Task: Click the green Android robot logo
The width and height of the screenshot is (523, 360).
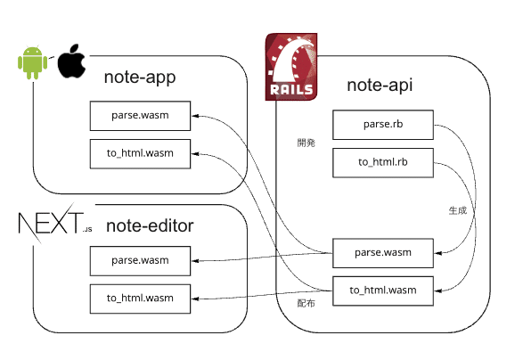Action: click(32, 62)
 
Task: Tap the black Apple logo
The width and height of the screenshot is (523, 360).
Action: click(71, 61)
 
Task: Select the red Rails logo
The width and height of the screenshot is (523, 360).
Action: click(291, 67)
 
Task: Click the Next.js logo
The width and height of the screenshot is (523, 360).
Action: click(54, 223)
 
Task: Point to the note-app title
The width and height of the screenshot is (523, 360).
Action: click(140, 78)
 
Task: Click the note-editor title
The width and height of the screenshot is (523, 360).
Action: click(150, 225)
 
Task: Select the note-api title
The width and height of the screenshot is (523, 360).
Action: click(380, 85)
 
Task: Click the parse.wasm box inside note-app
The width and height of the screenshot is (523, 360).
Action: click(140, 116)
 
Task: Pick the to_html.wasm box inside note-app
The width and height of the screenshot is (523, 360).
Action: click(140, 154)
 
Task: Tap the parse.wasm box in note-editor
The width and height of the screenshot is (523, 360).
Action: click(140, 261)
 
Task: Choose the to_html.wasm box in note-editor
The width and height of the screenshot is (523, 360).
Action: click(140, 299)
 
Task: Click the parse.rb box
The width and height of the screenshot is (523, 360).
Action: click(383, 125)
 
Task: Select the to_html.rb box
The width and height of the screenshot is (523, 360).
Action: click(383, 163)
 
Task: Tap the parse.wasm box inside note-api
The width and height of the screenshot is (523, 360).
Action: click(383, 253)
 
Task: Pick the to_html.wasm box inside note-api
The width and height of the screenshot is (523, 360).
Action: click(383, 290)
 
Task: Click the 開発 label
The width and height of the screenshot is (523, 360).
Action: click(306, 143)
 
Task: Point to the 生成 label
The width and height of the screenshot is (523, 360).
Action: click(458, 210)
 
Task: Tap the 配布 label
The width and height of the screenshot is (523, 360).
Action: click(306, 303)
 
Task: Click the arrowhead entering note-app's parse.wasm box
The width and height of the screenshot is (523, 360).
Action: click(195, 116)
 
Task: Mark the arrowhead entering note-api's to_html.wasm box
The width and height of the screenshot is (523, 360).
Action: click(437, 290)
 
